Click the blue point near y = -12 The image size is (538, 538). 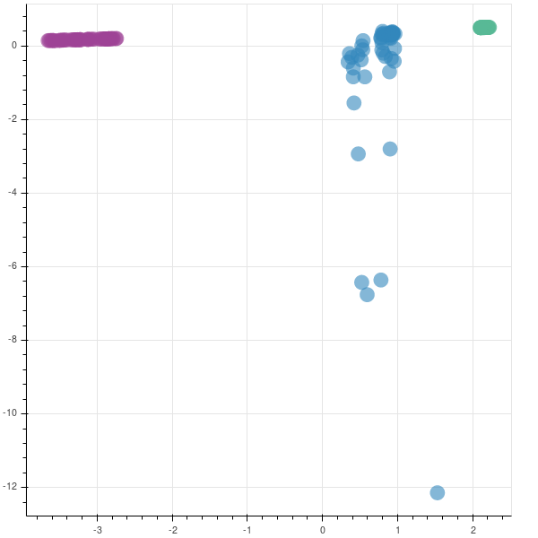(438, 492)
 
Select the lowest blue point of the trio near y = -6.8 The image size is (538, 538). (367, 294)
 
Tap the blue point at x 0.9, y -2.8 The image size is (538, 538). (390, 149)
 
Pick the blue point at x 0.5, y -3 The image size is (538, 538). (358, 153)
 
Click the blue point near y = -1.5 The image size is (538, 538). (354, 103)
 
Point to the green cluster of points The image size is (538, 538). (484, 28)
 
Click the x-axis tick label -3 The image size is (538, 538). (97, 530)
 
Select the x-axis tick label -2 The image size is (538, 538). (172, 530)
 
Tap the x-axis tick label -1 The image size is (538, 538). (247, 530)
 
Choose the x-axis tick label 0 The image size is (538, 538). (323, 530)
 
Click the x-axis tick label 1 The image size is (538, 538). (398, 530)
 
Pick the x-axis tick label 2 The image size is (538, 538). (473, 530)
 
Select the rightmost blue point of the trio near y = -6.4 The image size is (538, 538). (381, 280)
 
